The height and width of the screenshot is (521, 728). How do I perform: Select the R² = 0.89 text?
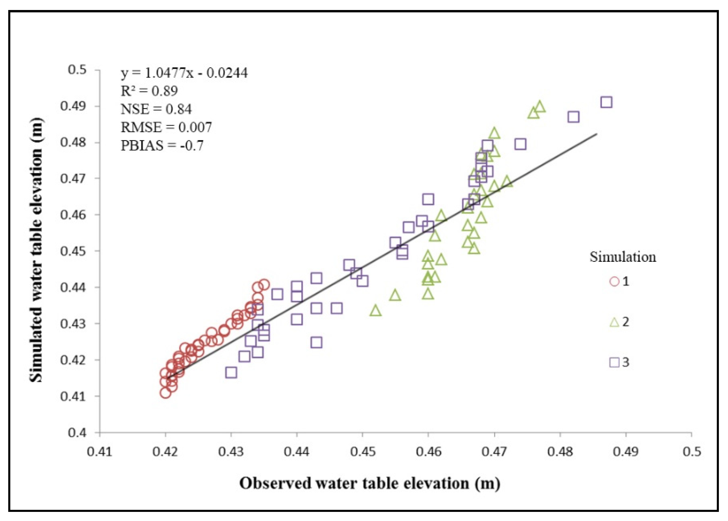pos(149,91)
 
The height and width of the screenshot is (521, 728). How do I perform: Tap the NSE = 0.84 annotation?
pos(156,109)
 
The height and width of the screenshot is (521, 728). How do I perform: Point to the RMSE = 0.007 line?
pos(166,128)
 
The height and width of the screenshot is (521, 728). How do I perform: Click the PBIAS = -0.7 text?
pos(162,146)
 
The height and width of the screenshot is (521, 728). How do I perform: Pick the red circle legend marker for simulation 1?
pos(614,282)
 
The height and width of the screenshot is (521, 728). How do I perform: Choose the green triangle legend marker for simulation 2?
pos(614,322)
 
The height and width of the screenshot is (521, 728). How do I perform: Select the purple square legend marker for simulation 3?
pos(614,363)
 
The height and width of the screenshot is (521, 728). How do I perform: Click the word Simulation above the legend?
pos(622,257)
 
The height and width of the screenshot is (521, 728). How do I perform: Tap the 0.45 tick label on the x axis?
pos(363,452)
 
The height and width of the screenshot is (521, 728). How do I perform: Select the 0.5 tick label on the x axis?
pos(691,452)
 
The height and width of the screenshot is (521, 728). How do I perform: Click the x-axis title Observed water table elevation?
pos(370,483)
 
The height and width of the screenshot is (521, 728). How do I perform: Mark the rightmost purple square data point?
pos(606,102)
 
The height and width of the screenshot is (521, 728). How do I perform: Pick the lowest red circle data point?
pos(165,393)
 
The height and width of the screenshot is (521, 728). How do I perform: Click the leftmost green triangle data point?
pos(375,310)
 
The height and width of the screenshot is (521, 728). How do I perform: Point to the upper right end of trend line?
pos(596,133)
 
